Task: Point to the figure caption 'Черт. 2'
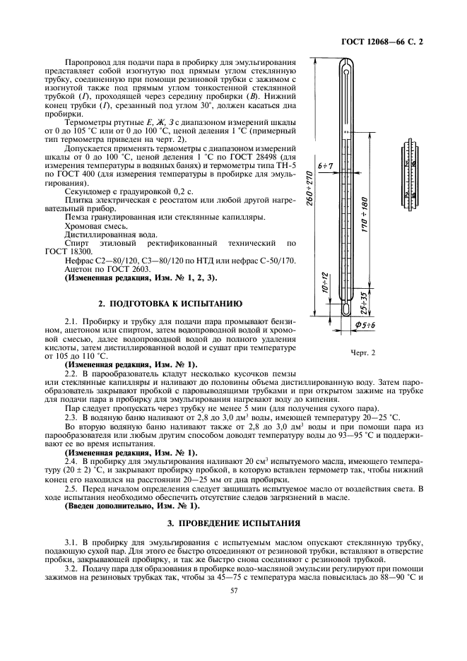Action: point(362,351)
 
